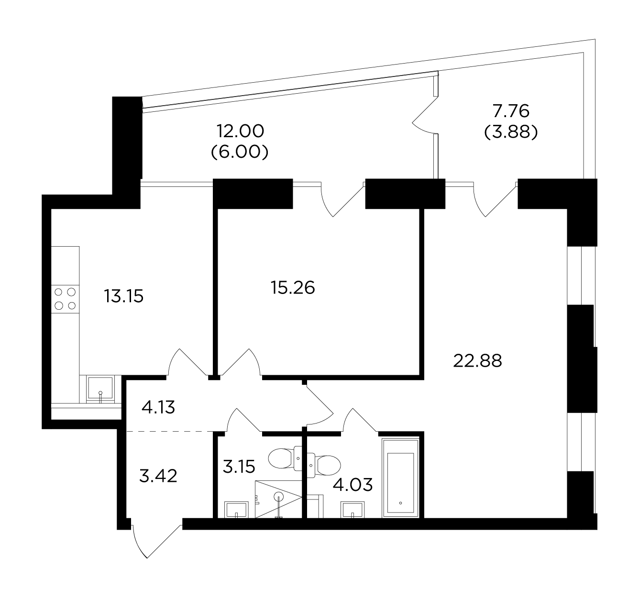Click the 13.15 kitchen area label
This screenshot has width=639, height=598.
[x=123, y=296]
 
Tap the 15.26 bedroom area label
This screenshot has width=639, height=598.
[x=293, y=288]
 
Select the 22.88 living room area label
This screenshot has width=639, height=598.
[x=477, y=361]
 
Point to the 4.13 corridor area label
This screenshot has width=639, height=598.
[x=158, y=407]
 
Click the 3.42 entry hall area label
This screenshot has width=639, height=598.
[x=158, y=476]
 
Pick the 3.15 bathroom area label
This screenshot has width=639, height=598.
[x=239, y=467]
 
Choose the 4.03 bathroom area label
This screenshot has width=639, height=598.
[x=353, y=485]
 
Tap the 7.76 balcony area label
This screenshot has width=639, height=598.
[x=511, y=111]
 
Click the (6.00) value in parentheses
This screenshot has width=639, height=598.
[x=240, y=152]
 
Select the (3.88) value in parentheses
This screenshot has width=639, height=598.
[x=511, y=132]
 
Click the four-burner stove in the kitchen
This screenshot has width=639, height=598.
[x=65, y=299]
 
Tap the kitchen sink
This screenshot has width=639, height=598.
[x=100, y=389]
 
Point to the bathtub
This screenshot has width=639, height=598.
[x=400, y=478]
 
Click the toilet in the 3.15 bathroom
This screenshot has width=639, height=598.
[x=285, y=458]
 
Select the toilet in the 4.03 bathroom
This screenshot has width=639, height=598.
[x=324, y=465]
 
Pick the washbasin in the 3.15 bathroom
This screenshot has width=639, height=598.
[x=236, y=510]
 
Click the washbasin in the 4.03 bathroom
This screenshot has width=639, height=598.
[x=353, y=510]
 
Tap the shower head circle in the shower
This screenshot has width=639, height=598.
[x=278, y=497]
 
